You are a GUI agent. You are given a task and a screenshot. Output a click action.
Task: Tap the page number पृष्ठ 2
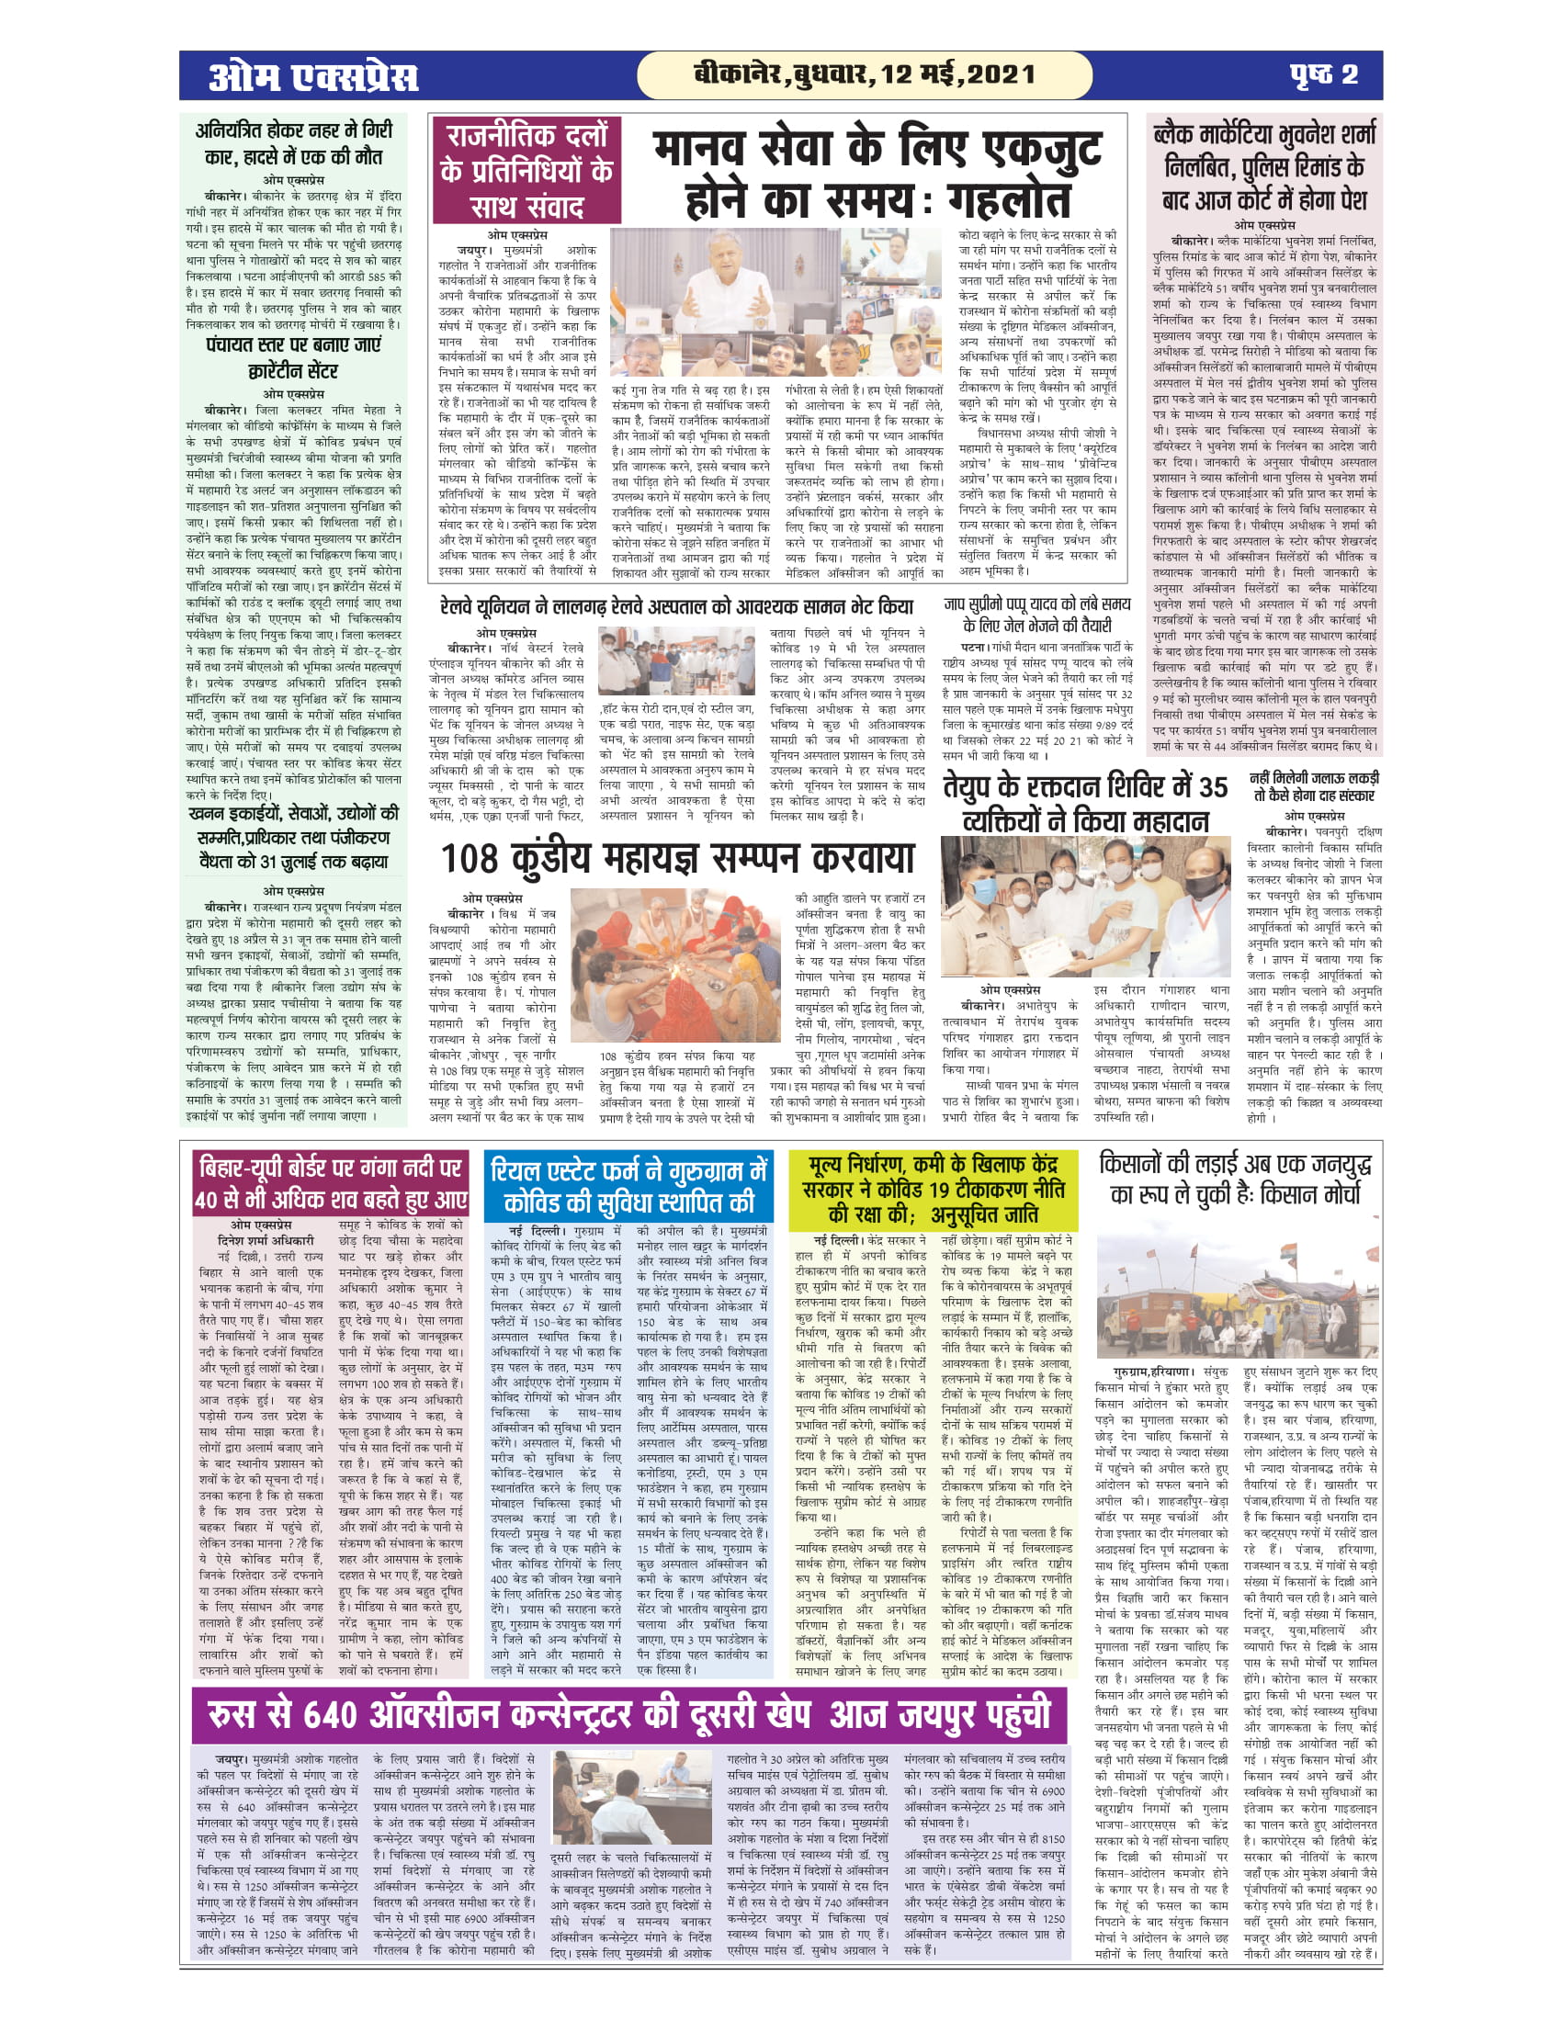click(1324, 75)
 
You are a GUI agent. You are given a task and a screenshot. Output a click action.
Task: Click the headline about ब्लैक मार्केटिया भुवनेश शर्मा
click(1265, 166)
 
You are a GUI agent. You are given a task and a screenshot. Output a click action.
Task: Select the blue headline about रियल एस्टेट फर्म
click(629, 1185)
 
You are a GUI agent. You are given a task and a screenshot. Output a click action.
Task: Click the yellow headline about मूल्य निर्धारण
click(933, 1188)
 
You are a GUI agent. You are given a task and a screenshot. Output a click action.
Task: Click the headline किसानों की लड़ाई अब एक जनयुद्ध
click(1235, 1179)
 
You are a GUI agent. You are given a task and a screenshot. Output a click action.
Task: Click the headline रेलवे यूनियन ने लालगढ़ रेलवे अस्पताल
click(677, 607)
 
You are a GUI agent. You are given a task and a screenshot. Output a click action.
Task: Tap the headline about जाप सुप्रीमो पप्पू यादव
click(1036, 615)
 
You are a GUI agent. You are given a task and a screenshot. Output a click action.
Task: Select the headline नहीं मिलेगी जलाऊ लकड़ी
click(1314, 786)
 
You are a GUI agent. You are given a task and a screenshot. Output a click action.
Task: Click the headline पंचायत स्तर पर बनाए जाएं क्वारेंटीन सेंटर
click(293, 358)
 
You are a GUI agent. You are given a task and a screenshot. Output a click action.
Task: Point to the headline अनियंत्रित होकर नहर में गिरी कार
click(293, 143)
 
